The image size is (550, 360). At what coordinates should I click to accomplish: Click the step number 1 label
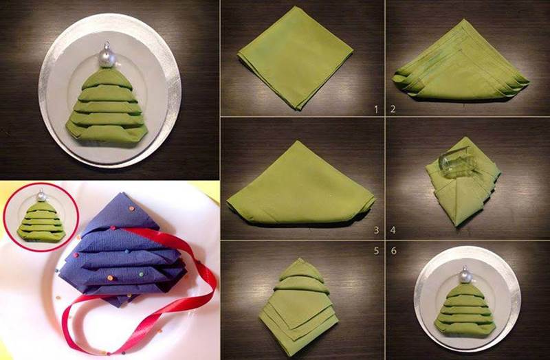pyautogui.click(x=376, y=110)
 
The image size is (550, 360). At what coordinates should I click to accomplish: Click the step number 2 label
pyautogui.click(x=393, y=109)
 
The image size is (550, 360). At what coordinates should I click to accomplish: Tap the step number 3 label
pyautogui.click(x=376, y=230)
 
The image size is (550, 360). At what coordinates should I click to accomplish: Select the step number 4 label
pyautogui.click(x=393, y=230)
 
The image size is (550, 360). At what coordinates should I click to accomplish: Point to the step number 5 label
pyautogui.click(x=376, y=251)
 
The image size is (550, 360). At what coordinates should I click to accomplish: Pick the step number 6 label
pyautogui.click(x=393, y=251)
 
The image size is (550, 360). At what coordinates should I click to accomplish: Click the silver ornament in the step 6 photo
pyautogui.click(x=466, y=275)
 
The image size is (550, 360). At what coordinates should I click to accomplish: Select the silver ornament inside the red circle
pyautogui.click(x=41, y=196)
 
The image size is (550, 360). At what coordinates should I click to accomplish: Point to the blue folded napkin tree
pyautogui.click(x=123, y=249)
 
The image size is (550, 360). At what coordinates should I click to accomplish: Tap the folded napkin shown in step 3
pyautogui.click(x=300, y=185)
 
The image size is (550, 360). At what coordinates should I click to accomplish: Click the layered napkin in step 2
pyautogui.click(x=461, y=63)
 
